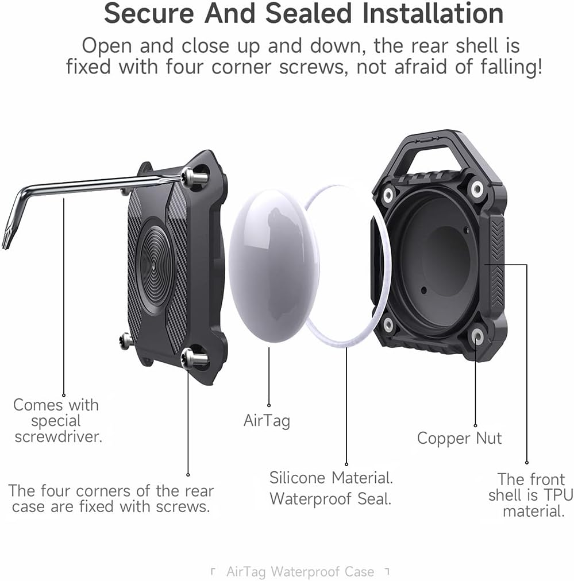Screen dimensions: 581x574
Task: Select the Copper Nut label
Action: [x=459, y=439]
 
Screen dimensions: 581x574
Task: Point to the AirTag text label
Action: [x=267, y=420]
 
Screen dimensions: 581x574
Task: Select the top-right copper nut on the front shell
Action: [x=476, y=187]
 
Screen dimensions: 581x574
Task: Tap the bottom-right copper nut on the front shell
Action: [x=477, y=336]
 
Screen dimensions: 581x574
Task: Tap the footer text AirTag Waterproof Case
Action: [x=300, y=572]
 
